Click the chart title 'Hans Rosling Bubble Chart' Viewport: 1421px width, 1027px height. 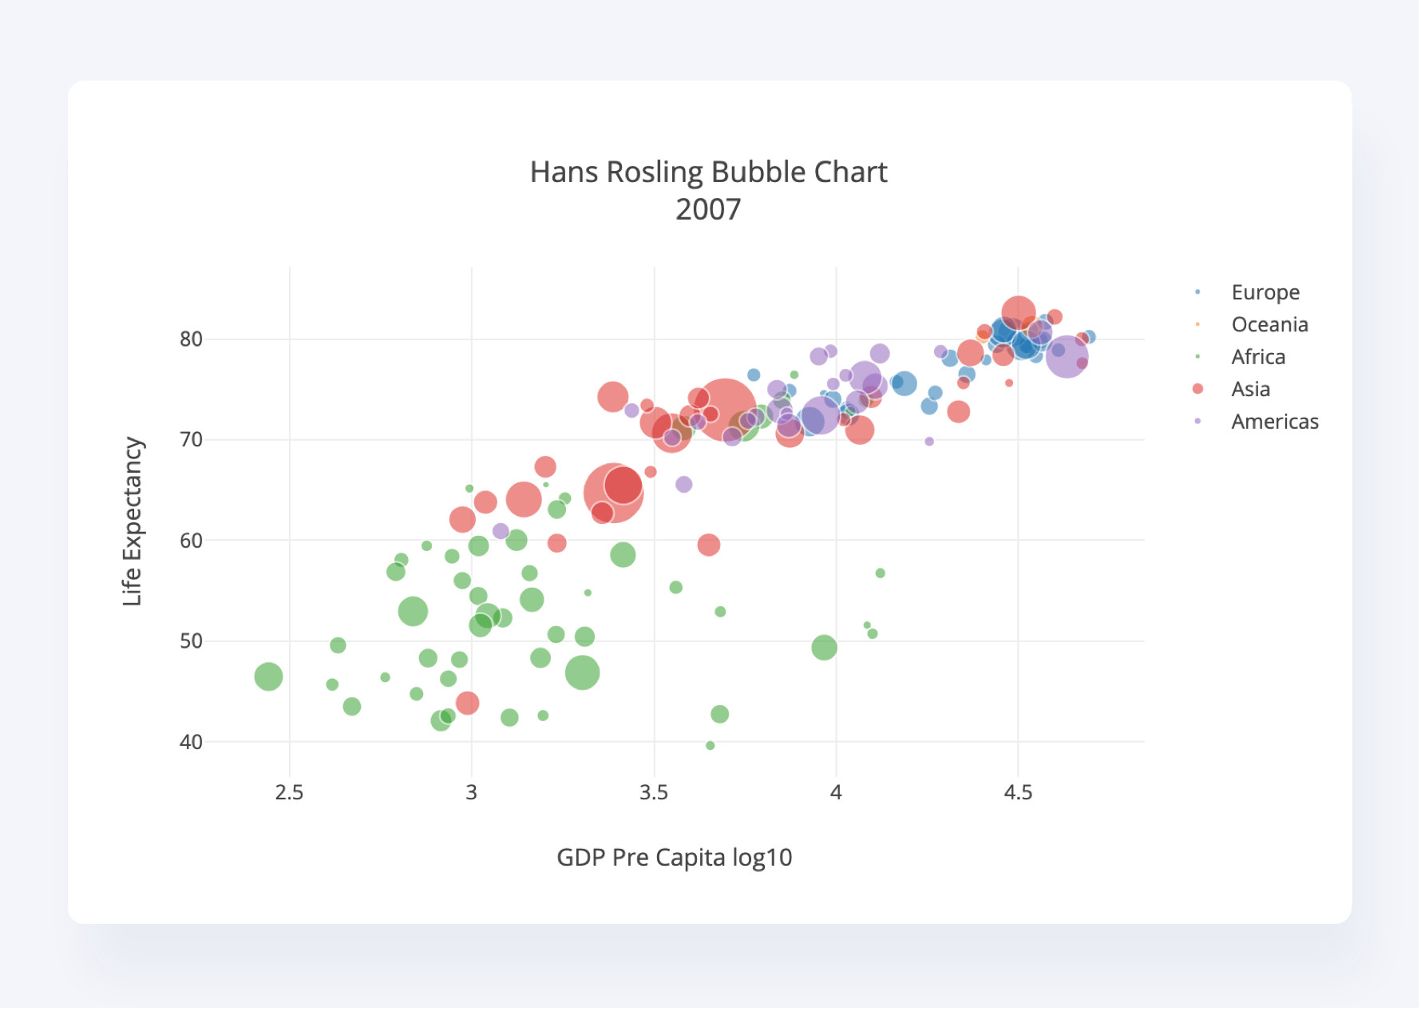[708, 172]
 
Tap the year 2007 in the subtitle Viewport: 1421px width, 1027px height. [708, 210]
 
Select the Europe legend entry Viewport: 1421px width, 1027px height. [1265, 292]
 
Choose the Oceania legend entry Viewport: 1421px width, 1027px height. [1269, 325]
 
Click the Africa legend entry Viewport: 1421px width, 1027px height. [1258, 357]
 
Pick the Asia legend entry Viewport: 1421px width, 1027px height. [1250, 390]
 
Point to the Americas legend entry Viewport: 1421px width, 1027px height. [1274, 422]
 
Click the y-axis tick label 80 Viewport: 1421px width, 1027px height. [191, 339]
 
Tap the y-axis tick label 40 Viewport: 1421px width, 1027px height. [191, 742]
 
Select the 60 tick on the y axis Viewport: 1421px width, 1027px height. [191, 541]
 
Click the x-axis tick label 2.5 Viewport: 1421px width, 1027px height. [289, 792]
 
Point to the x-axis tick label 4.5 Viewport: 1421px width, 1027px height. [1018, 792]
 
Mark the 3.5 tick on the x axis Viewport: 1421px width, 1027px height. [654, 792]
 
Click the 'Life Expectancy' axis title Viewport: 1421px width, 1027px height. [133, 521]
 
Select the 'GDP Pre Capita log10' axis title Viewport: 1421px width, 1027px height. [674, 858]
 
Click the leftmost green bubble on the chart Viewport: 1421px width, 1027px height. [268, 676]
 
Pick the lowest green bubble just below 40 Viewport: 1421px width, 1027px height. [710, 746]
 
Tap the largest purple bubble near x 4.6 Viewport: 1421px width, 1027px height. [1066, 357]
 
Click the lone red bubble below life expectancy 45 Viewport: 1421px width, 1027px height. [467, 703]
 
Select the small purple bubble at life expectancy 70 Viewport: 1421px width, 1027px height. [928, 442]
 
